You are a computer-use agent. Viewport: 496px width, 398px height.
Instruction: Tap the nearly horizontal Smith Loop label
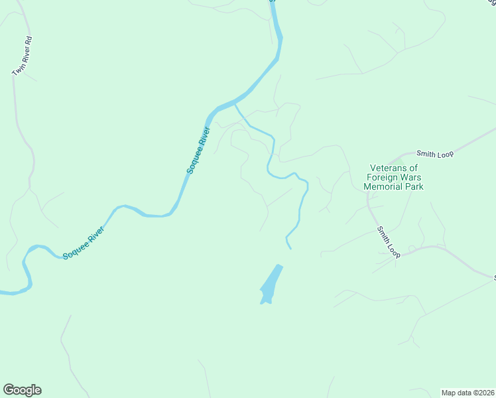point(434,154)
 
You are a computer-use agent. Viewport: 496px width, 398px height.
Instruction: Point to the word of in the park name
point(414,168)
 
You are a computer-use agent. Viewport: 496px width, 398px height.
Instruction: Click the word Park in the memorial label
point(414,186)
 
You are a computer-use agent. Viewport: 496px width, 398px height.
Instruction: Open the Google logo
point(22,390)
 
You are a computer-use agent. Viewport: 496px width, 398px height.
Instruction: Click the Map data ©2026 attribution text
point(467,392)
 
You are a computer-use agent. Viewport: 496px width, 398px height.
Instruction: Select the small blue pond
point(271,285)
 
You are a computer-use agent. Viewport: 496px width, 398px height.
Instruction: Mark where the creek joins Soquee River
point(235,104)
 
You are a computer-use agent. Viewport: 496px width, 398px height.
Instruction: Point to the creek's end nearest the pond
point(290,248)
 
